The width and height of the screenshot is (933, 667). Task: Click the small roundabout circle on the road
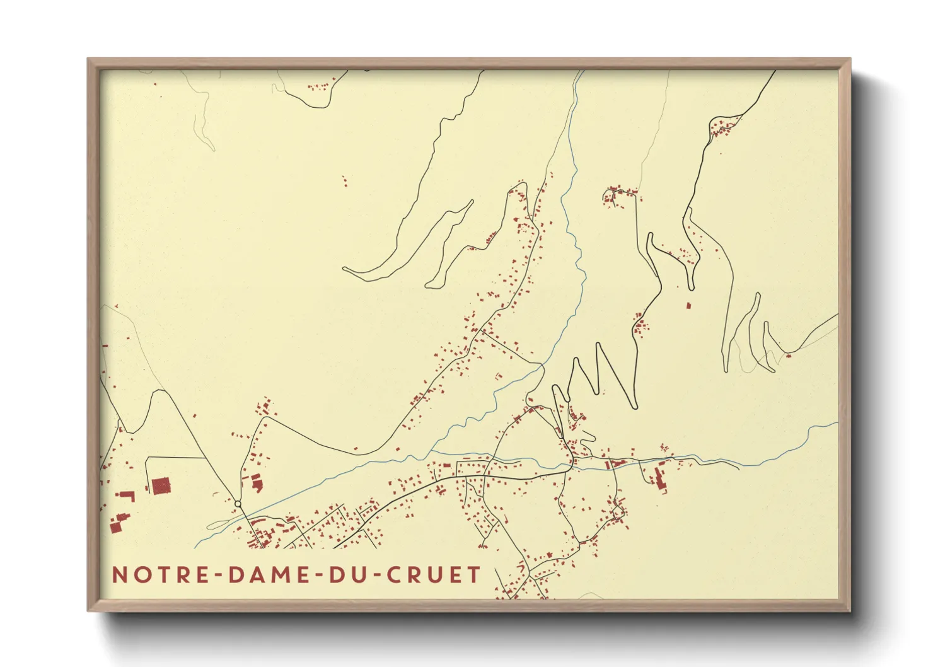[238, 504]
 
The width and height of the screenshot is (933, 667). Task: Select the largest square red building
[161, 486]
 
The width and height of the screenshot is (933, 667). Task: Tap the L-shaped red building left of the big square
[128, 496]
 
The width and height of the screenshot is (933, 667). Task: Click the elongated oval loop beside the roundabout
[221, 523]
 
